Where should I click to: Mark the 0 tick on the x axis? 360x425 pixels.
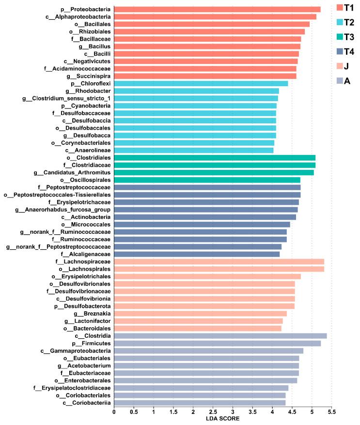click(114, 411)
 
